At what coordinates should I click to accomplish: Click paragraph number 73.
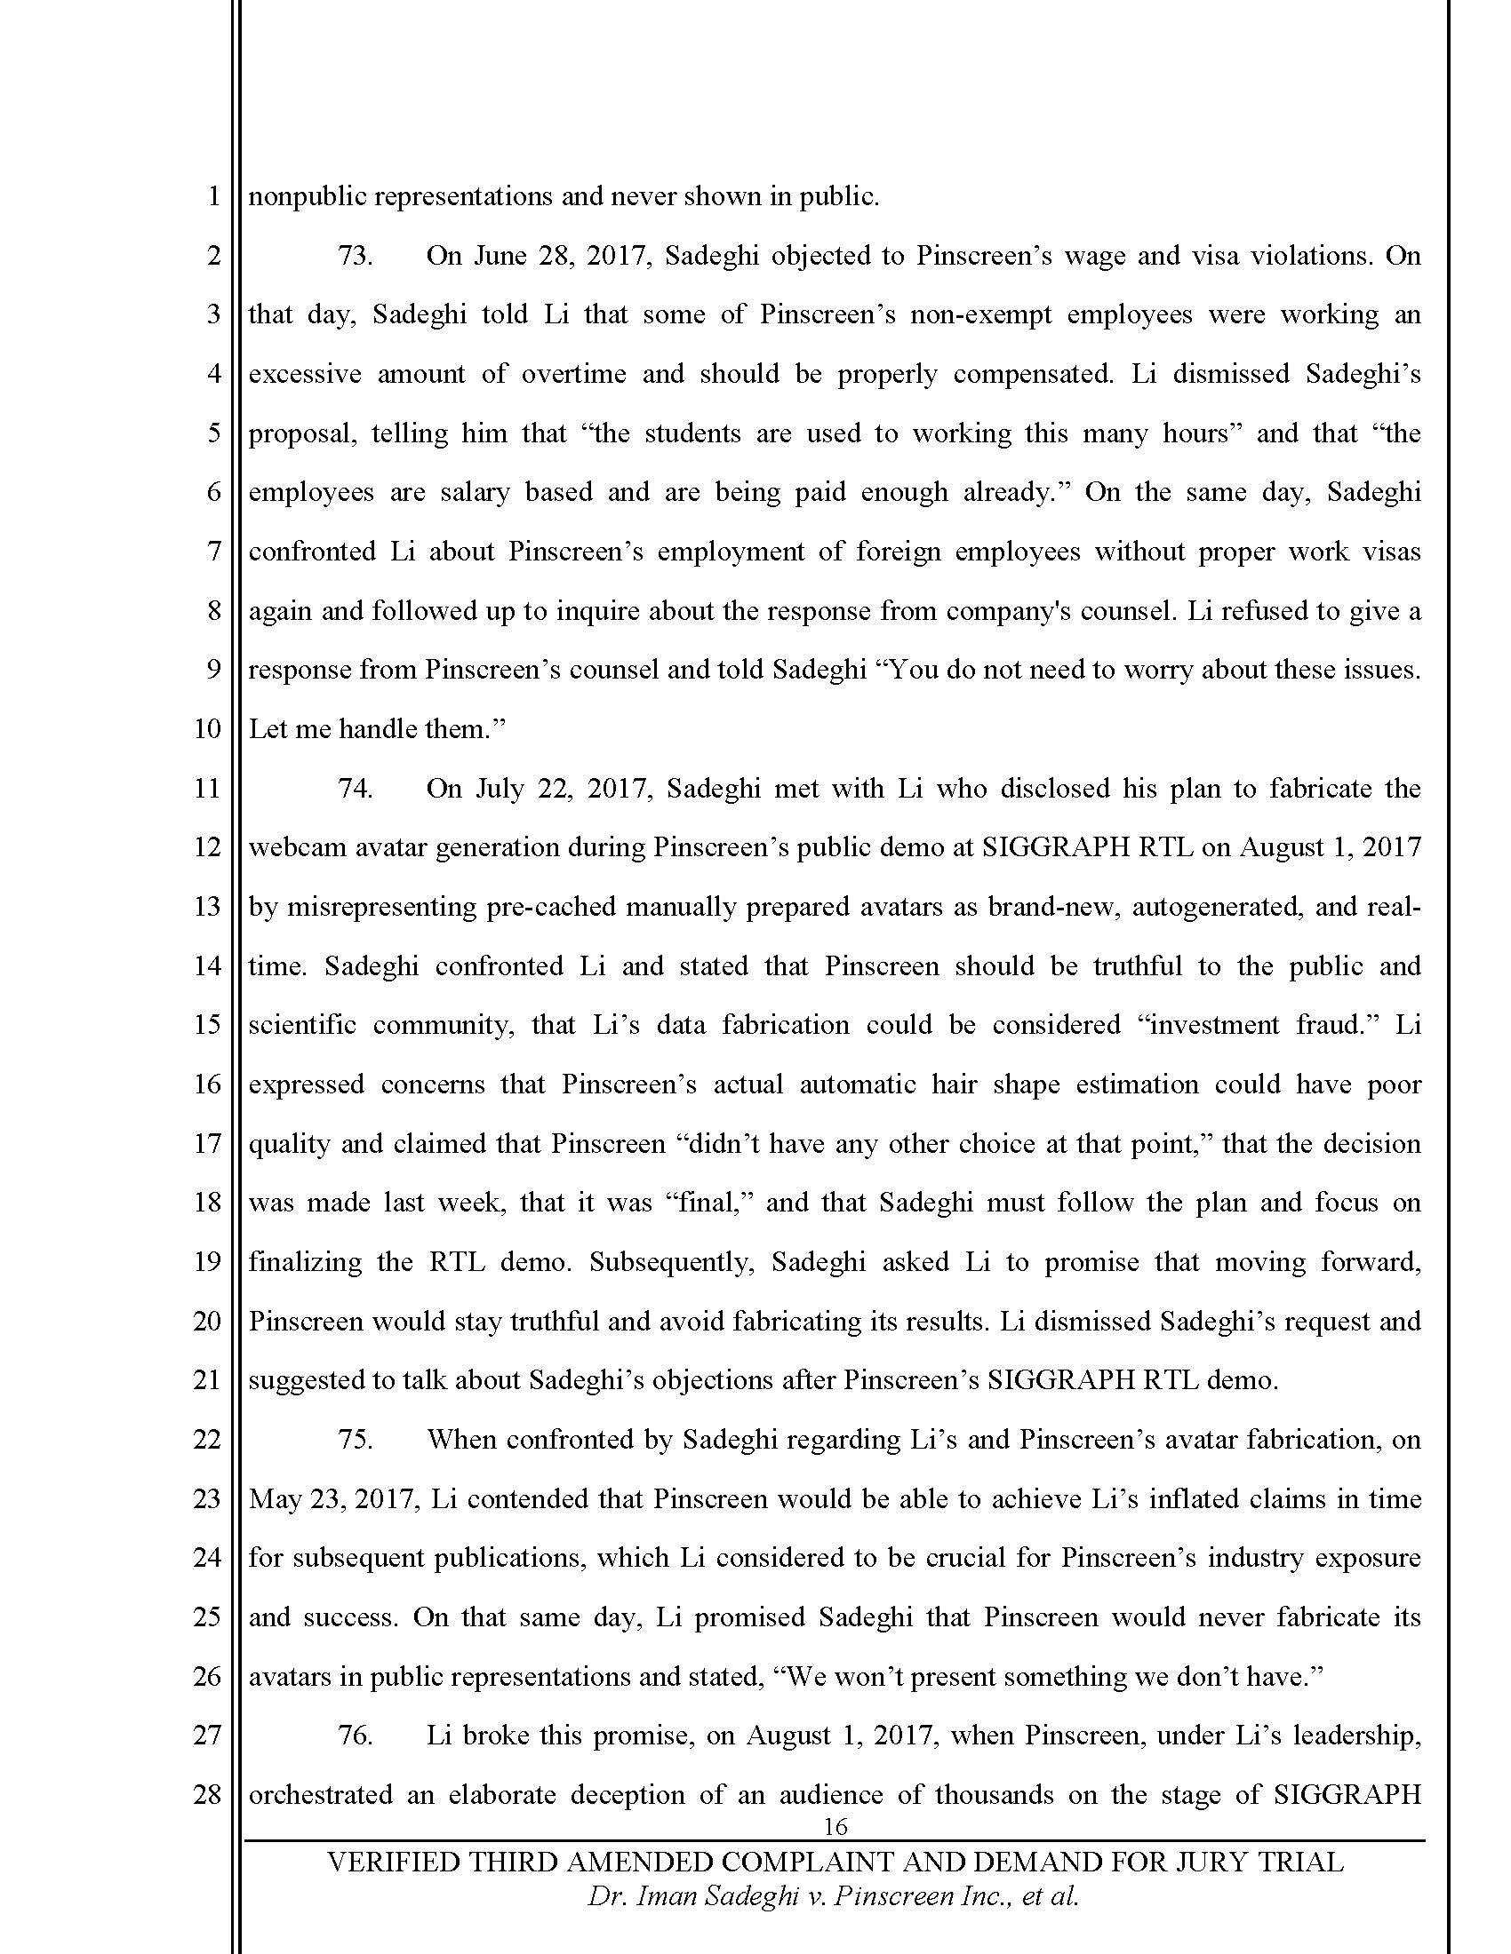[x=355, y=256]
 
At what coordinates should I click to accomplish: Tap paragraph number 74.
[x=355, y=788]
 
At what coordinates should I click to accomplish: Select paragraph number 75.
[x=355, y=1440]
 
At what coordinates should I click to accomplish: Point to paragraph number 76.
[x=355, y=1736]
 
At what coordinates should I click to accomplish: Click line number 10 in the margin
[x=207, y=729]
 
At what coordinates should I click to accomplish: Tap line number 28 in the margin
[x=207, y=1795]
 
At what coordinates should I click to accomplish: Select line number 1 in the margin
[x=213, y=197]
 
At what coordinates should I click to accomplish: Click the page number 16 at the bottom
[x=835, y=1826]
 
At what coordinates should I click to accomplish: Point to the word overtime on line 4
[x=574, y=374]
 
